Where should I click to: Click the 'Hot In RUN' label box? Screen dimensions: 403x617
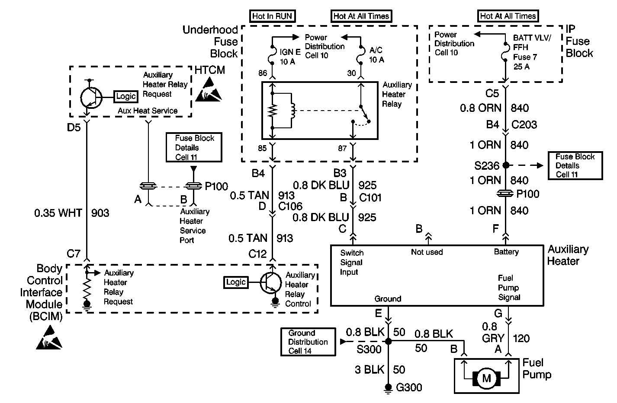[x=273, y=16]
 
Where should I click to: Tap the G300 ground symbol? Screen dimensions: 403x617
[x=389, y=387]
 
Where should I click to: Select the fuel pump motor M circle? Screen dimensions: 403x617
[x=487, y=379]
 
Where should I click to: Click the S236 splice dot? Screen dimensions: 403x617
[x=505, y=165]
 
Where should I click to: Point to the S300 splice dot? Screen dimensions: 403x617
[x=389, y=341]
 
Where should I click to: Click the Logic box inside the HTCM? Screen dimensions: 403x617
[x=126, y=96]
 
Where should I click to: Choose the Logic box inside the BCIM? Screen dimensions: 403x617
[x=236, y=282]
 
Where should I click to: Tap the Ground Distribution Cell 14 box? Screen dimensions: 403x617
[x=308, y=342]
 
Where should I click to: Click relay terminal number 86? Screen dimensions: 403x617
[x=263, y=73]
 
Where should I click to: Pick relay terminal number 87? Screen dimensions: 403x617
[x=342, y=148]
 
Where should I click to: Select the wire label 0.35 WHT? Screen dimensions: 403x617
[x=58, y=213]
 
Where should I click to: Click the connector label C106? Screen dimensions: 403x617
[x=290, y=206]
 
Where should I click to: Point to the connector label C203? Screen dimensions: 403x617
[x=524, y=125]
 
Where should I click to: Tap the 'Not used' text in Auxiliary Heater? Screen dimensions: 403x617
[x=427, y=252]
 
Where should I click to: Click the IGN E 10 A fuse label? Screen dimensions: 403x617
[x=290, y=56]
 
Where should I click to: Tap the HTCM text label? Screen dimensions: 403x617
[x=210, y=70]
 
